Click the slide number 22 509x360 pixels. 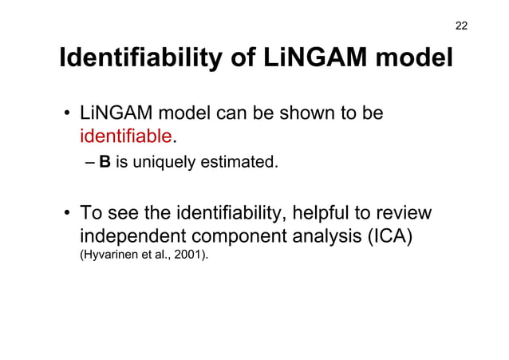coord(461,26)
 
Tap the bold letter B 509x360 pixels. coord(105,164)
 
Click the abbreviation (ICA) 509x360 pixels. coord(387,238)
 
